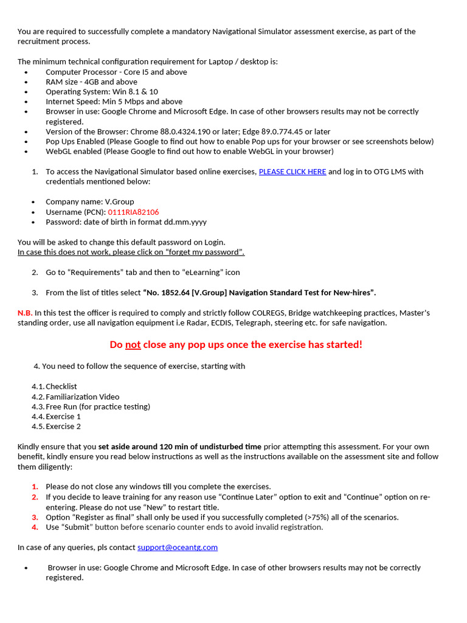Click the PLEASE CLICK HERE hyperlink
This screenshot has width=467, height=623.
[292, 172]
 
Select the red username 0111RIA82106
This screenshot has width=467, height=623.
[133, 212]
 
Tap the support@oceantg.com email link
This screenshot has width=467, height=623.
[178, 547]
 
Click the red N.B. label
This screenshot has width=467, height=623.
[25, 313]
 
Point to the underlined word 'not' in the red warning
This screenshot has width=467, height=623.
[133, 344]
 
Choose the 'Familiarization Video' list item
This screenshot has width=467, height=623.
[83, 397]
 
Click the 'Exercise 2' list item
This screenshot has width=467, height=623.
[63, 426]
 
